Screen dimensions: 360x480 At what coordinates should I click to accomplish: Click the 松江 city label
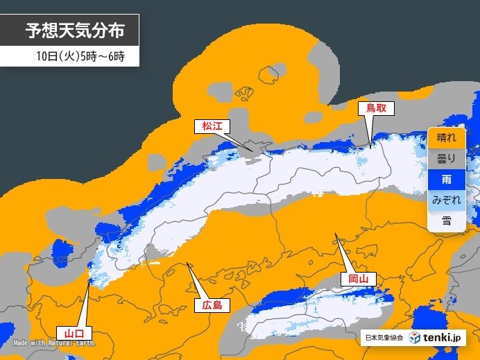pyautogui.click(x=212, y=126)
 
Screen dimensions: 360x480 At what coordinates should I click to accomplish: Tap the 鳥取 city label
pyautogui.click(x=375, y=108)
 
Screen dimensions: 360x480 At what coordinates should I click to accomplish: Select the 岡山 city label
pyautogui.click(x=358, y=279)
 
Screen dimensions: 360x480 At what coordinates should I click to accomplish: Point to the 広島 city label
pyautogui.click(x=212, y=305)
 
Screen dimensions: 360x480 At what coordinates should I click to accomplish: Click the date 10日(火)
pyautogui.click(x=57, y=55)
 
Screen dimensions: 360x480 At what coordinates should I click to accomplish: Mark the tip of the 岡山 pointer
pyautogui.click(x=336, y=234)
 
